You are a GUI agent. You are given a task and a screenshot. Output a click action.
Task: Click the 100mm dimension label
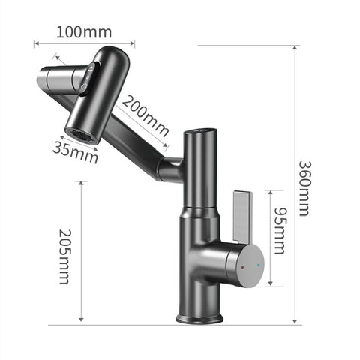[84, 32]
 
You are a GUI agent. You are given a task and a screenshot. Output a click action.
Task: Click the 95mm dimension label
[279, 232]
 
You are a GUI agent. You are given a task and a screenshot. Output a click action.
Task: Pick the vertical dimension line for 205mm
[82, 255]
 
